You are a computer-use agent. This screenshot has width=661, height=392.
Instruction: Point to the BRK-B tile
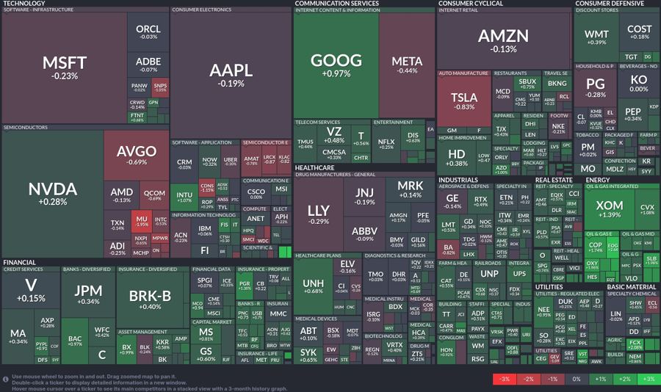(x=150, y=299)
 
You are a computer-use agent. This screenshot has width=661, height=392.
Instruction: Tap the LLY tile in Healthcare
(x=319, y=214)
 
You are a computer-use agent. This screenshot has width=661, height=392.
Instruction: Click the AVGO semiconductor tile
(x=137, y=156)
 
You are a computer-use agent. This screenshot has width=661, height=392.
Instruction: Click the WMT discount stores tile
(x=596, y=37)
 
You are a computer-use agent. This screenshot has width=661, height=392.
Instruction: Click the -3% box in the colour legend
(x=505, y=379)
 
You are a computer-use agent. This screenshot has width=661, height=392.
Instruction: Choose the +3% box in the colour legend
(x=647, y=379)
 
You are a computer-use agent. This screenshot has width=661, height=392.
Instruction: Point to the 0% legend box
(x=576, y=379)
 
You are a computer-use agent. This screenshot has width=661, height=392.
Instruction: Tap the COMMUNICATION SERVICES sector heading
(x=337, y=4)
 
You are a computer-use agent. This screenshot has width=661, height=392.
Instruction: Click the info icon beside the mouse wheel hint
(x=5, y=379)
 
